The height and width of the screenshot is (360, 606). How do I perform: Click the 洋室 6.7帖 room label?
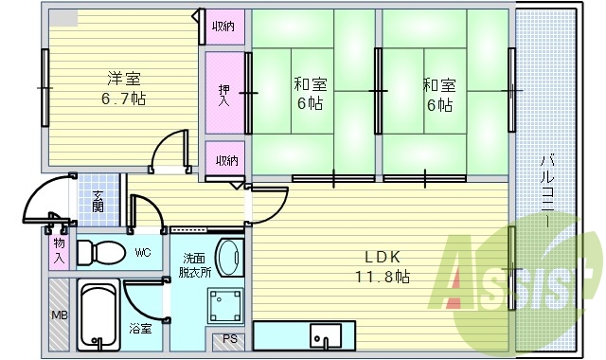(x=125, y=88)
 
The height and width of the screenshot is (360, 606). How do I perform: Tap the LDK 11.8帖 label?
(x=383, y=266)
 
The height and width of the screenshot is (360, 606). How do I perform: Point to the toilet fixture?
(x=100, y=253)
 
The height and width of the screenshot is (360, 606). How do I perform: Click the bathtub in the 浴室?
(x=100, y=315)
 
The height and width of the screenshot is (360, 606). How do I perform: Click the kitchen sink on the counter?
(x=326, y=335)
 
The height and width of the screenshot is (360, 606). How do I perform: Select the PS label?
(x=230, y=339)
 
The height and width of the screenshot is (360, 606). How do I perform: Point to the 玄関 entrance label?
(x=98, y=200)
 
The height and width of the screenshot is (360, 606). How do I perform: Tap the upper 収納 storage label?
(x=224, y=26)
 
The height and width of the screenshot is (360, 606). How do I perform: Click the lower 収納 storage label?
(x=225, y=160)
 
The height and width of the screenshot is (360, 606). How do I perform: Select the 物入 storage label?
(x=59, y=251)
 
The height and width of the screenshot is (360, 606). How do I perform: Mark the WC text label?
(x=143, y=253)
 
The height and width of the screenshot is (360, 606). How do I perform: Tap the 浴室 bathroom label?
(x=140, y=329)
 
